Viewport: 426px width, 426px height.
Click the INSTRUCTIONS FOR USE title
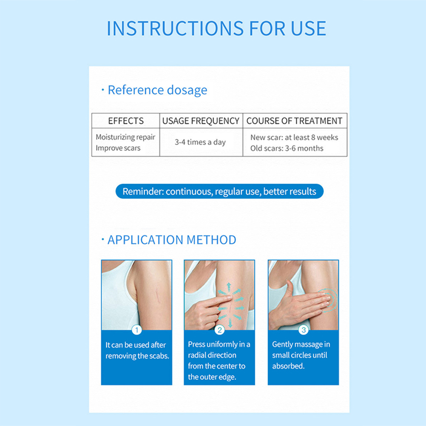pos(216,28)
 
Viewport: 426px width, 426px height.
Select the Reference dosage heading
pos(157,90)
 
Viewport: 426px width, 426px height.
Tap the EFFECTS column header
pos(126,121)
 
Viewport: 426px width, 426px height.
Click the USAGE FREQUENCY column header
pos(201,121)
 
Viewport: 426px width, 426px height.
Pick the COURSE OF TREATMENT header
pos(294,121)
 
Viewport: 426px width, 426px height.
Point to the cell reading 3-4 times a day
pos(200,142)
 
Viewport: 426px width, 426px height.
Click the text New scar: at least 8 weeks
pos(294,137)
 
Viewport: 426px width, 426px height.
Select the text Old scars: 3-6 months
pos(287,148)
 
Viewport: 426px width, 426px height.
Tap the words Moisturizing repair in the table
pos(125,137)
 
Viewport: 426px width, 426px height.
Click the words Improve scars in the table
pos(118,148)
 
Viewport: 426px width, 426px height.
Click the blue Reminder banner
pos(219,191)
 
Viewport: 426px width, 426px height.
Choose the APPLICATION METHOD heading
pos(172,240)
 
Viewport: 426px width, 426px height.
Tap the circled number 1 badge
pos(136,330)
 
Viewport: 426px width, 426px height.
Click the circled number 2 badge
pos(219,330)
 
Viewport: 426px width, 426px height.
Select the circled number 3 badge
pos(304,330)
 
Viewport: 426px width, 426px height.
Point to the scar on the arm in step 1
pos(157,296)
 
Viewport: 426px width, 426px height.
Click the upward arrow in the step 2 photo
pos(229,287)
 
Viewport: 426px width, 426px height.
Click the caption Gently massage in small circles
pos(301,355)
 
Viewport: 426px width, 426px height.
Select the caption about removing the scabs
pos(137,350)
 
